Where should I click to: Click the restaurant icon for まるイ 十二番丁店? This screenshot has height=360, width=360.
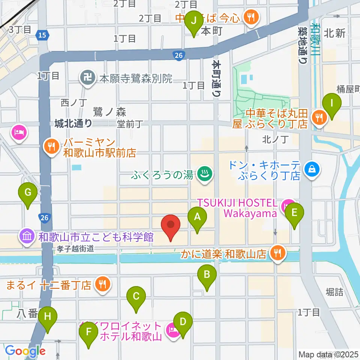[102, 285]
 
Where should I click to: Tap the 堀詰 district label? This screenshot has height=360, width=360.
[334, 292]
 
